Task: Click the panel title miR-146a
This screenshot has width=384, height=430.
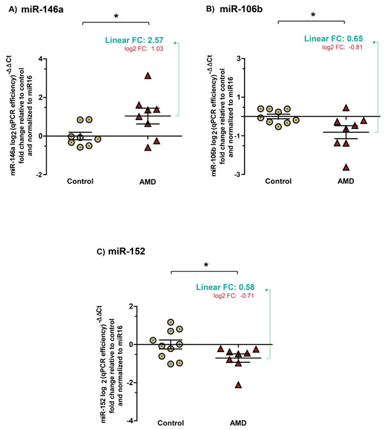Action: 42,10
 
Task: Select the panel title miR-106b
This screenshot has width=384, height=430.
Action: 241,9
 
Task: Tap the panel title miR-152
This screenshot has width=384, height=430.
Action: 127,251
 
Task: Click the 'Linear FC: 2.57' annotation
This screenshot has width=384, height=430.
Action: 134,40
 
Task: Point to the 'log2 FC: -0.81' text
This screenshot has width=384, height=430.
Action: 342,47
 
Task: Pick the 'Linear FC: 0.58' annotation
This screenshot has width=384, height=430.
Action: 225,287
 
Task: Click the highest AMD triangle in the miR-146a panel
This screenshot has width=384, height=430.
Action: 148,76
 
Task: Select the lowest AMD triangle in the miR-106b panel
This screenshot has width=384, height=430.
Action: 346,167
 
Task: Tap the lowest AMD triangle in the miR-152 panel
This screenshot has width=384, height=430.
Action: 238,385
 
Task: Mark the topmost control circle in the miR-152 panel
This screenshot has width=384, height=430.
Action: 171,322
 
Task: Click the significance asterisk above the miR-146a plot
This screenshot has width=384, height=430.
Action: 116,17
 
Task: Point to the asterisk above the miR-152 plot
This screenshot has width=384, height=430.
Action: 206,265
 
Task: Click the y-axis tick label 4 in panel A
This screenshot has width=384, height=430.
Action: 41,59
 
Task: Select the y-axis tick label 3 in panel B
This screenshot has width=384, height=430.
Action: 239,58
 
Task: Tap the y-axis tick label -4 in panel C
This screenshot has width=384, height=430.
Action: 130,420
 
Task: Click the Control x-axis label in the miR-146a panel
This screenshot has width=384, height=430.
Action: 80,181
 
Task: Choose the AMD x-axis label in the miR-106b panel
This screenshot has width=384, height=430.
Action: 346,181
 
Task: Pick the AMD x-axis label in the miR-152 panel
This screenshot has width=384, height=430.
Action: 238,423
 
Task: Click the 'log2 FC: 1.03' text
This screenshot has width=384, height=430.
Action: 143,49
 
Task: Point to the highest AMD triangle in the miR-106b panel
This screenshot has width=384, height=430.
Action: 346,108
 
